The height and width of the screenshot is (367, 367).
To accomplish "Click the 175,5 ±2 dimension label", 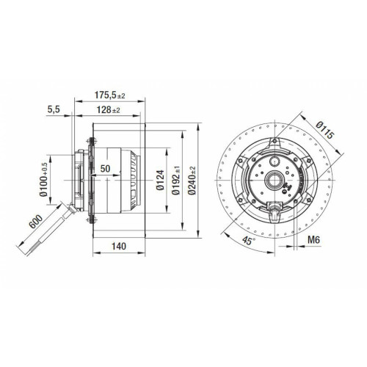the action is (109, 95).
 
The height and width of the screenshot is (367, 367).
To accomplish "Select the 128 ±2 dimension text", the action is (108, 110).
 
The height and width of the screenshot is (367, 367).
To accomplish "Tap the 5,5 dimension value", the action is (54, 109).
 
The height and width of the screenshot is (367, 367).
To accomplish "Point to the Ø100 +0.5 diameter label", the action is (43, 180).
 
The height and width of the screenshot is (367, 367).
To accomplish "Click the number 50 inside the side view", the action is (105, 169).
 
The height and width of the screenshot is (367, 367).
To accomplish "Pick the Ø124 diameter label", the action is (160, 181).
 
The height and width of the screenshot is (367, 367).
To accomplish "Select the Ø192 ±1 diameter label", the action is (175, 181).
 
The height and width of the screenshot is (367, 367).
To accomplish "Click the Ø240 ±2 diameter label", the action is (192, 181).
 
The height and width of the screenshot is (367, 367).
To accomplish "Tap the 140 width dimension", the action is (119, 246).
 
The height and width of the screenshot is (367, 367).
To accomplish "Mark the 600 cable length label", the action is (36, 222).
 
